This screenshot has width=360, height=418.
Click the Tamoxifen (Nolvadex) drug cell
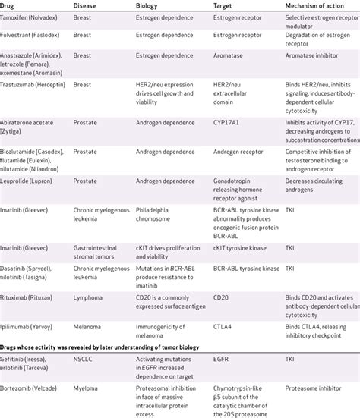33,24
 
